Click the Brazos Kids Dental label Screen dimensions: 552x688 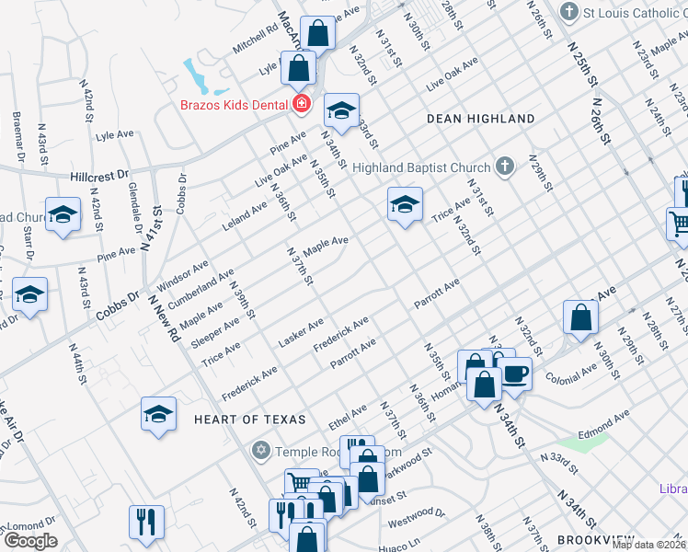(235, 105)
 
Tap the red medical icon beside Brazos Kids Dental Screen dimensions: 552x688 (301, 105)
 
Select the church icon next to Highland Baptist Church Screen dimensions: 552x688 (503, 167)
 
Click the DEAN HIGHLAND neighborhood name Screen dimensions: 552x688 (481, 119)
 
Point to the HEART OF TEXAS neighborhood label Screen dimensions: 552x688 (249, 420)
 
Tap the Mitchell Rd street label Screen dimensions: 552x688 (255, 38)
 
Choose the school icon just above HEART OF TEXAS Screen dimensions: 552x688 (158, 415)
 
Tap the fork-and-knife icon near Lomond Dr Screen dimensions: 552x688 (146, 523)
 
